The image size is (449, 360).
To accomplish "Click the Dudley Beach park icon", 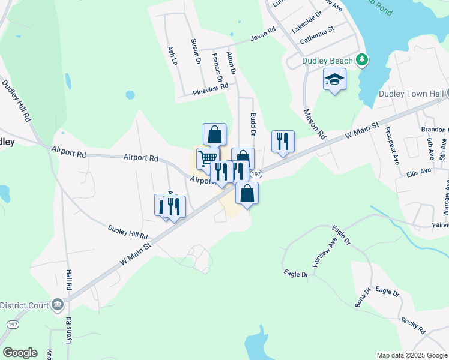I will pyautogui.click(x=361, y=60).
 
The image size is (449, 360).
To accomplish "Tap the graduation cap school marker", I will pyautogui.click(x=334, y=79).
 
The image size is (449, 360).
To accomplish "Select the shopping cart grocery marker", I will pyautogui.click(x=208, y=158).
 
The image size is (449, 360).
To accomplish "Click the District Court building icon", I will pyautogui.click(x=57, y=304).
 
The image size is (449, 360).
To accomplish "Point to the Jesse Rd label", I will pyautogui.click(x=262, y=37).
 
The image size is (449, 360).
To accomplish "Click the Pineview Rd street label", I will pyautogui.click(x=211, y=90).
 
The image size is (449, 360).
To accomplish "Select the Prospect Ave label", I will pyautogui.click(x=392, y=146).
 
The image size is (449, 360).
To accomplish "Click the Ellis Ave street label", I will pyautogui.click(x=418, y=172).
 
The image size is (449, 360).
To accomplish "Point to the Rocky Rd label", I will pyautogui.click(x=414, y=326).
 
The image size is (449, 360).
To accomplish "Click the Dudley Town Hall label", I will pyautogui.click(x=411, y=94).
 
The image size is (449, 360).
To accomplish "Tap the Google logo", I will pyautogui.click(x=20, y=352).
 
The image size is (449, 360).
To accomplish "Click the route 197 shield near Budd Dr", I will pyautogui.click(x=256, y=173).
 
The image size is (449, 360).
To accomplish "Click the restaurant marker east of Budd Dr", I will pyautogui.click(x=283, y=142).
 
